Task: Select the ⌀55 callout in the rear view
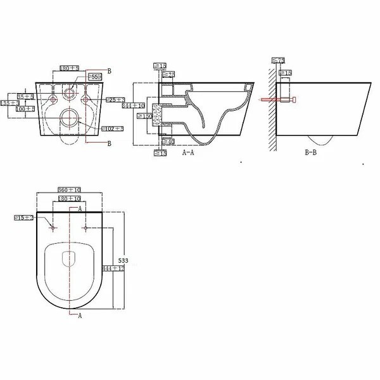94,77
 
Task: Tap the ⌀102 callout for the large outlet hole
114,129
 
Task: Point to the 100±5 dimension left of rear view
25,109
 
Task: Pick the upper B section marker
110,72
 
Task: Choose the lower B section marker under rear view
110,144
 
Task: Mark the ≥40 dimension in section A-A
168,142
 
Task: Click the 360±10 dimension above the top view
69,190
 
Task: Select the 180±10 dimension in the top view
69,199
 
